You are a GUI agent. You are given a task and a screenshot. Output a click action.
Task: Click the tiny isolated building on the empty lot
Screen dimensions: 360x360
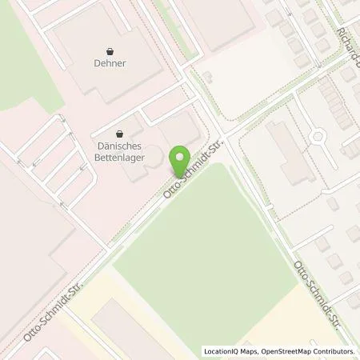point(207,76)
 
